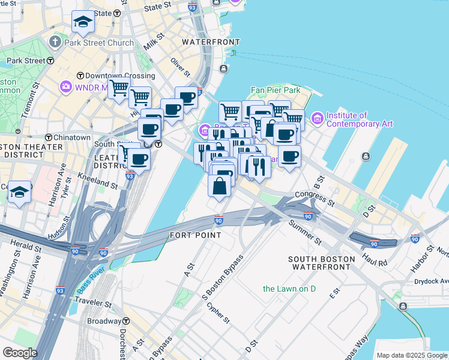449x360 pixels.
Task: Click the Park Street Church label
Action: pyautogui.click(x=91, y=43)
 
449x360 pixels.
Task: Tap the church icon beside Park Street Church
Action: pyautogui.click(x=55, y=43)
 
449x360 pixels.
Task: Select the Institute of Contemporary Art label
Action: pyautogui.click(x=359, y=119)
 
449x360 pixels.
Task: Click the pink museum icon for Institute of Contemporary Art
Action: pyautogui.click(x=316, y=119)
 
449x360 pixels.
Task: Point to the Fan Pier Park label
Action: pyautogui.click(x=275, y=90)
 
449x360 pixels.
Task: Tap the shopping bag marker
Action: pyautogui.click(x=220, y=185)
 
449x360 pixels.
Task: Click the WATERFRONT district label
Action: pyautogui.click(x=211, y=42)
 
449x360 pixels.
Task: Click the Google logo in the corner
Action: pyautogui.click(x=19, y=352)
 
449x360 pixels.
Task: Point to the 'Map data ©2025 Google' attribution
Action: pyautogui.click(x=412, y=355)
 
